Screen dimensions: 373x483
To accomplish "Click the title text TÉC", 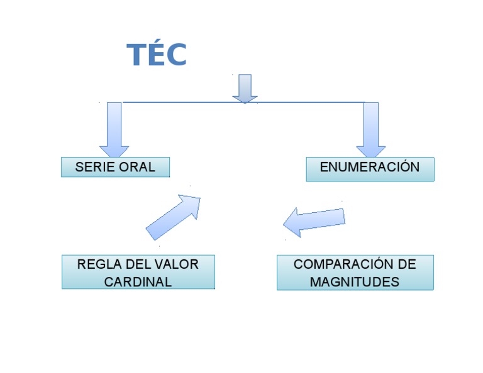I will tap(157, 55).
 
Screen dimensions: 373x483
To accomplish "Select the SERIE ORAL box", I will tap(115, 167).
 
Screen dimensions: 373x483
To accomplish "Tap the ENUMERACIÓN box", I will tap(370, 169).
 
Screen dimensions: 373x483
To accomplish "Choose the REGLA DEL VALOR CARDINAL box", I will tap(138, 272).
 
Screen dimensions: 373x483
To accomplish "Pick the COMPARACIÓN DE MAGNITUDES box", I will tap(355, 273).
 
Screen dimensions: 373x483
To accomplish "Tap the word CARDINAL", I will tap(138, 281).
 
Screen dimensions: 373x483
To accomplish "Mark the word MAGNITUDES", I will tap(354, 281).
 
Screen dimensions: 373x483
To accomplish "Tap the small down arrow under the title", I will tap(245, 88).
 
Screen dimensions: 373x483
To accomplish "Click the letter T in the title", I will tap(137, 55).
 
